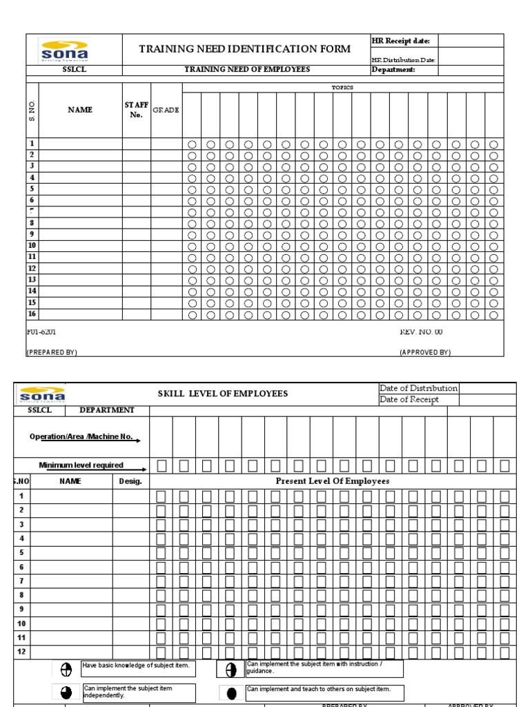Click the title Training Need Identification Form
click(245, 50)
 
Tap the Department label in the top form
click(393, 70)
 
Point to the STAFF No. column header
click(137, 110)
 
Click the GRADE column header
click(166, 110)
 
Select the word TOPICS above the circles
click(342, 88)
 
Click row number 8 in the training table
click(32, 223)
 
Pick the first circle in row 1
click(192, 144)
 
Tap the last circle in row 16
click(493, 315)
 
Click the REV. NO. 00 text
click(421, 332)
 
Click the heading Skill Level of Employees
click(223, 394)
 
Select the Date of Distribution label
click(418, 388)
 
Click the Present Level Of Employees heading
click(333, 481)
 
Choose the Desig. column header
click(130, 481)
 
